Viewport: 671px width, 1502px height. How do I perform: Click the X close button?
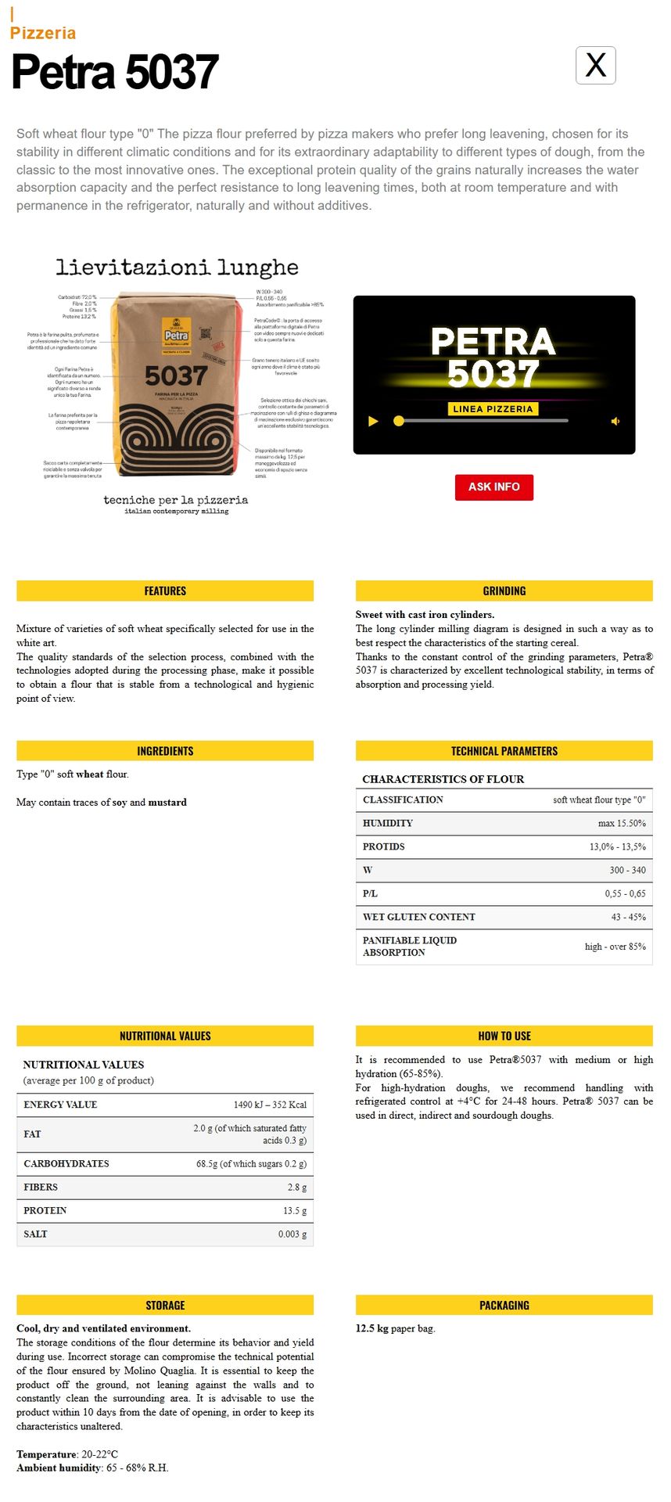595,65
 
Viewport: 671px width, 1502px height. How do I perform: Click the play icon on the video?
373,421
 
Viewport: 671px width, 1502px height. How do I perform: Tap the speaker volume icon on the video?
615,421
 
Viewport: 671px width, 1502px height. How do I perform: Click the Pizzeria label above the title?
43,33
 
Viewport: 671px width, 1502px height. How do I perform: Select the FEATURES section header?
165,591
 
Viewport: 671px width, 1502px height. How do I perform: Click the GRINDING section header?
504,591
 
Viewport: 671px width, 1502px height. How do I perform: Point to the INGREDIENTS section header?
165,751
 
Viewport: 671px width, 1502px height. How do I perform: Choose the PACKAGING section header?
504,1305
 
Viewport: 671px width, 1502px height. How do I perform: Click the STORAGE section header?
165,1305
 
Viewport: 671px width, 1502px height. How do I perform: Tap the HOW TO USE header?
504,1036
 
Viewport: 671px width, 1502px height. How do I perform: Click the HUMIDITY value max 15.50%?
622,823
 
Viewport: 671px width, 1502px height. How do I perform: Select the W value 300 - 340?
627,870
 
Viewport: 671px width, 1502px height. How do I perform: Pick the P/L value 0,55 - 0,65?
625,893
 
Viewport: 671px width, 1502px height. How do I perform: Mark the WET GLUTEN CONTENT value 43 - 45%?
628,917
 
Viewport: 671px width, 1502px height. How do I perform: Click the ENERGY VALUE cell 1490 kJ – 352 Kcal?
270,1105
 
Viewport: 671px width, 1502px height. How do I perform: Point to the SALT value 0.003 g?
292,1234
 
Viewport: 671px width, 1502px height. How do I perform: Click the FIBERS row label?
41,1187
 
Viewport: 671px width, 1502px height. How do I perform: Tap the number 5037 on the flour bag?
176,376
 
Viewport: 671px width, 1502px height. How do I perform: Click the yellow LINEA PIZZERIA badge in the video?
493,408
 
